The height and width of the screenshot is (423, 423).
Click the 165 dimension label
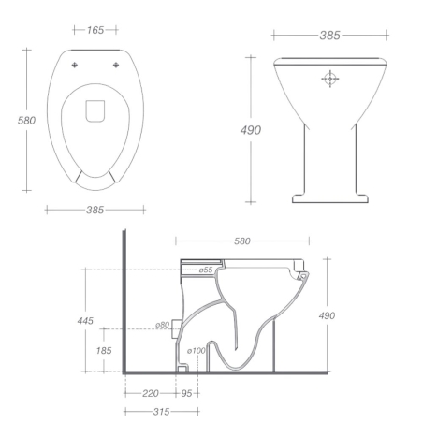point(95,31)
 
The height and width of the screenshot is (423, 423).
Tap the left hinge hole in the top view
point(76,65)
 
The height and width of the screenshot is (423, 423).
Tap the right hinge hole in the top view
point(116,65)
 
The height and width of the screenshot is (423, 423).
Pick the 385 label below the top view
point(95,210)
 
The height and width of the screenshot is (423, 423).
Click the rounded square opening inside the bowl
point(95,111)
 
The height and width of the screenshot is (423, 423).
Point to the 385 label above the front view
point(329,35)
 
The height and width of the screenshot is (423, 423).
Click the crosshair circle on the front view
point(329,79)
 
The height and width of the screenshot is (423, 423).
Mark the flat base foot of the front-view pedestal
point(329,197)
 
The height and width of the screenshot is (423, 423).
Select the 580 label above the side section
point(241,241)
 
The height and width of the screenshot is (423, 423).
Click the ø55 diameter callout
point(206,270)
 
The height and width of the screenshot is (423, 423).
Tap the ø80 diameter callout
point(163,325)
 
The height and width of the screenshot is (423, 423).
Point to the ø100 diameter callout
point(196,351)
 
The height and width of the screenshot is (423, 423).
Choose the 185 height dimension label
point(103,350)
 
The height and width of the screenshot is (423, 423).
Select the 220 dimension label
point(150,393)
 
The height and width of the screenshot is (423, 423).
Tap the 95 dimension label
point(185,393)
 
